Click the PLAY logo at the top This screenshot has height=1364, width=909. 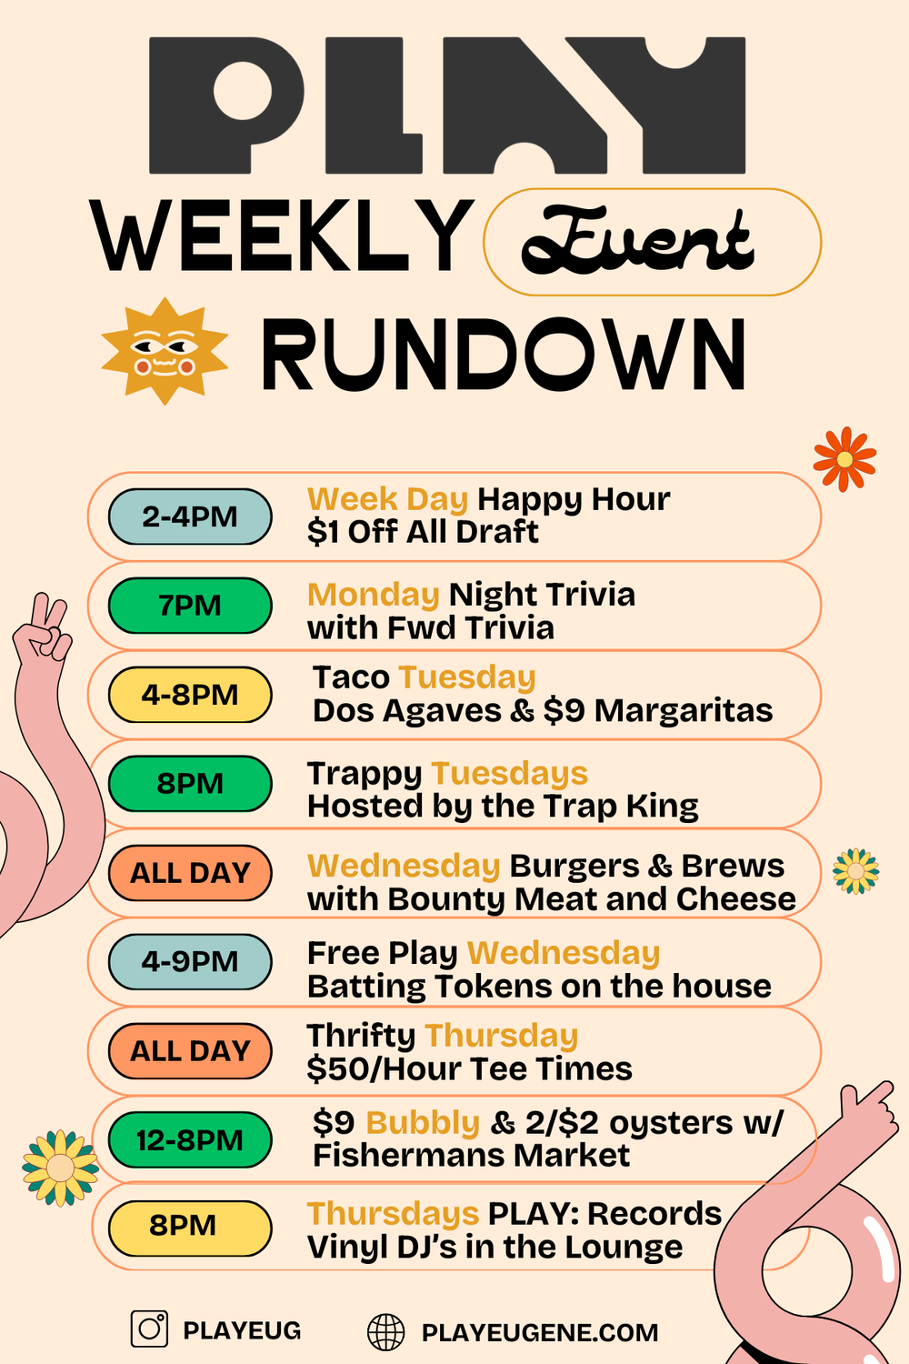click(x=447, y=105)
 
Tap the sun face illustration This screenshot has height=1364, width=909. click(x=165, y=351)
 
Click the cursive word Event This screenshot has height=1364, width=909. click(x=637, y=241)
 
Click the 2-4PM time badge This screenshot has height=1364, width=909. click(x=190, y=517)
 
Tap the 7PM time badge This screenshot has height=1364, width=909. click(x=190, y=606)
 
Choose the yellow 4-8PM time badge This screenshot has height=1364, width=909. click(x=190, y=695)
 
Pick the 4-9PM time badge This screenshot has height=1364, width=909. click(x=190, y=961)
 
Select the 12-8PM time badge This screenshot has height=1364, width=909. click(x=190, y=1139)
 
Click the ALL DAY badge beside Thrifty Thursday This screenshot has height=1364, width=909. click(x=190, y=1050)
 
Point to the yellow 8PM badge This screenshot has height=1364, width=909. click(x=190, y=1226)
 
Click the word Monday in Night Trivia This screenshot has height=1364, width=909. click(x=374, y=595)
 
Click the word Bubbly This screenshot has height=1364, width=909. click(x=423, y=1123)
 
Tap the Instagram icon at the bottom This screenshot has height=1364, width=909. click(x=150, y=1329)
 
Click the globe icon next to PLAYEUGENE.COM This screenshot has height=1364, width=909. click(x=386, y=1332)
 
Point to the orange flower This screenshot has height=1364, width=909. click(x=844, y=459)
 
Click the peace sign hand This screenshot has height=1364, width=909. click(x=45, y=627)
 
